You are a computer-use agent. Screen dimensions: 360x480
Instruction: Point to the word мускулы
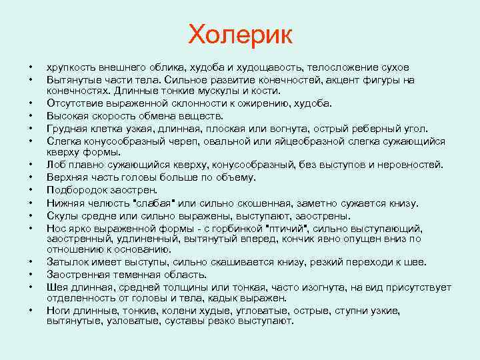tap(204, 91)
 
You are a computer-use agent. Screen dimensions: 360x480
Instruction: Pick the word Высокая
tap(67, 115)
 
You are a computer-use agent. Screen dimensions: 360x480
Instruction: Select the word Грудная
tap(67, 127)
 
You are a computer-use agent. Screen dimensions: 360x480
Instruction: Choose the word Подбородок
tap(77, 189)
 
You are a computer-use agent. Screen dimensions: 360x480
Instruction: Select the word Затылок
tap(67, 261)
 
